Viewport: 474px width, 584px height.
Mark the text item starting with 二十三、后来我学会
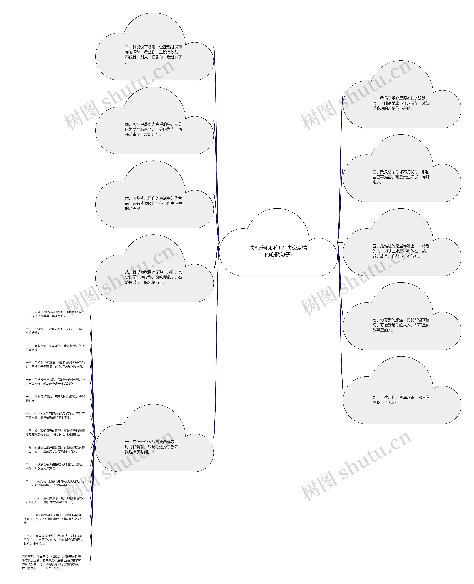[53, 519]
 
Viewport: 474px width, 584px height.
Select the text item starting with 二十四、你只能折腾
[53, 540]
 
